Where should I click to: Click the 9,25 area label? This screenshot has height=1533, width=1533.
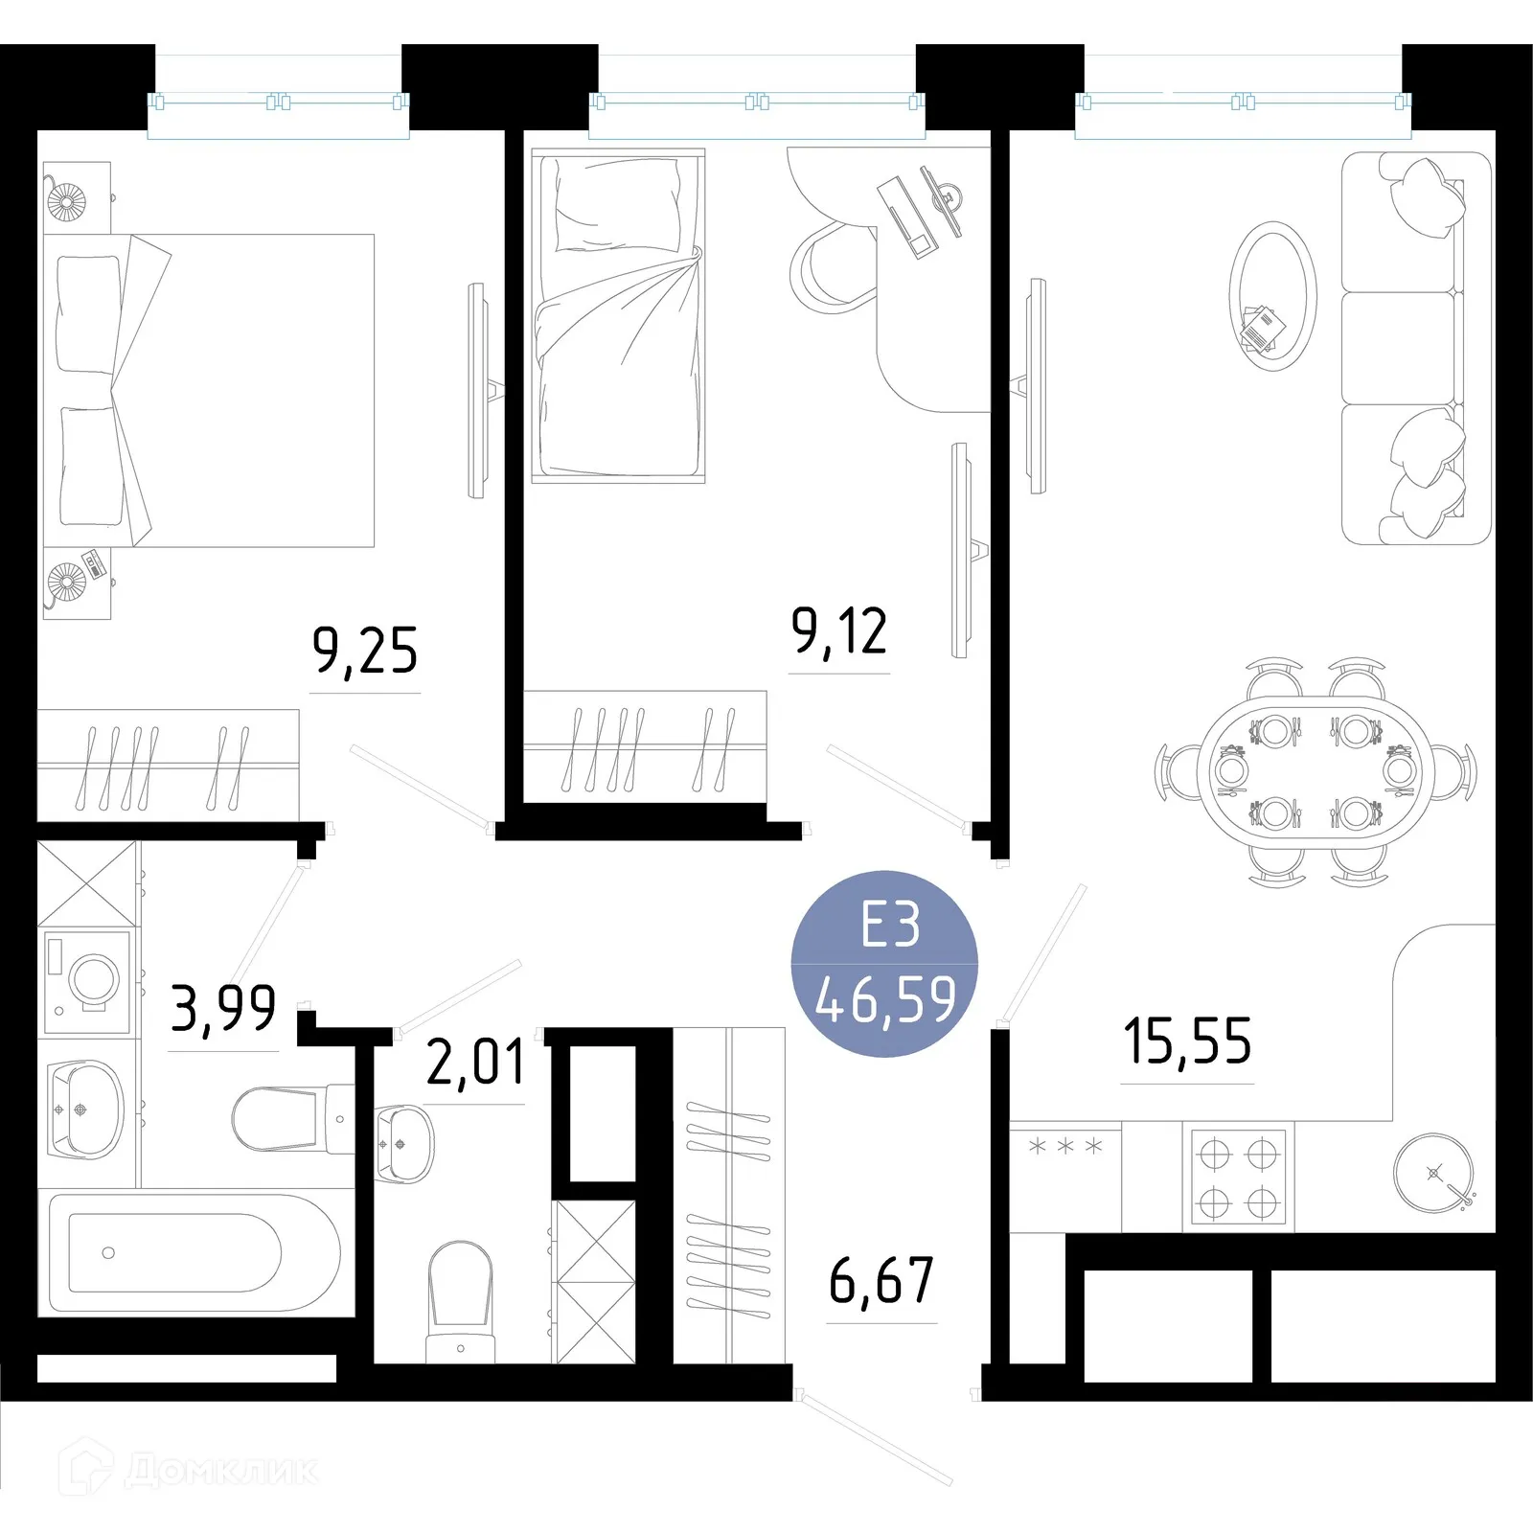click(365, 652)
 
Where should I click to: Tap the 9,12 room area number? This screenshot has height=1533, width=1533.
click(839, 632)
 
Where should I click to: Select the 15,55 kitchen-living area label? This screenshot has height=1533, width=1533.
click(1187, 1041)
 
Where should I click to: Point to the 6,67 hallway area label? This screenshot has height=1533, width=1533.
click(881, 1281)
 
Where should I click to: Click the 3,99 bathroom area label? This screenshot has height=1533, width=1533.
click(223, 1008)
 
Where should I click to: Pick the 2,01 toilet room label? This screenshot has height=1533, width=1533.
click(475, 1063)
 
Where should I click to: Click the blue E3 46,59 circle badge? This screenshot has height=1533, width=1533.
click(884, 964)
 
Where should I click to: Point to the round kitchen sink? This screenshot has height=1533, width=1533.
click(1432, 1173)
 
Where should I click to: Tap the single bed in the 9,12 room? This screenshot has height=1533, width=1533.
click(619, 316)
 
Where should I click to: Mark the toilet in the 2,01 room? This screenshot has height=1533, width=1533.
click(461, 1298)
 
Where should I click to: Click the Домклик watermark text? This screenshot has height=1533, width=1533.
click(221, 1471)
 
